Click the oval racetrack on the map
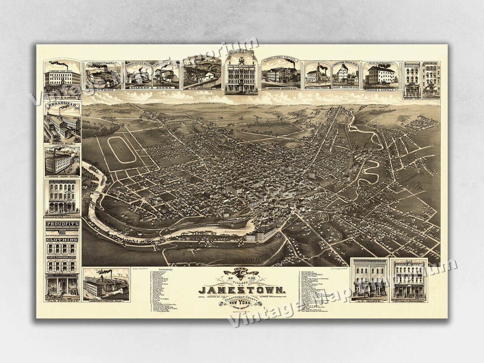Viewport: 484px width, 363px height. click(x=121, y=150)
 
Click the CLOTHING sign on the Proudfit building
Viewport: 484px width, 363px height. click(x=62, y=239)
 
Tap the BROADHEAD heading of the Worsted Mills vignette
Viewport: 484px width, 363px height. click(x=62, y=107)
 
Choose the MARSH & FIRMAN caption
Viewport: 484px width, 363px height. click(x=381, y=90)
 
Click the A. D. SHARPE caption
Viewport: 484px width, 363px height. click(x=369, y=302)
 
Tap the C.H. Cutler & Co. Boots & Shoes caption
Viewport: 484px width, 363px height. click(x=409, y=302)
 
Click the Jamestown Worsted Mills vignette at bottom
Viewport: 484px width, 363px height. click(x=106, y=285)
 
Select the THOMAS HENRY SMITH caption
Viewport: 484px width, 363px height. click(x=62, y=177)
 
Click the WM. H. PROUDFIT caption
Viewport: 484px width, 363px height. click(x=62, y=301)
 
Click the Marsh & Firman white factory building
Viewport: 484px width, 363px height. click(x=381, y=75)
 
